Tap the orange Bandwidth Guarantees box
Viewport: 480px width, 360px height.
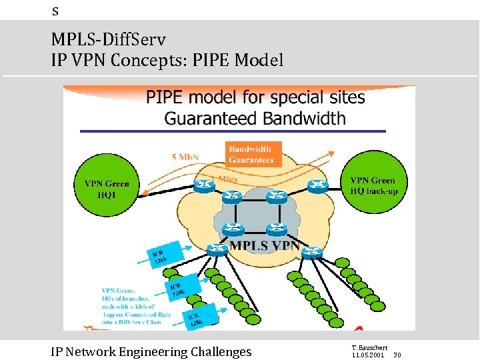[x=251, y=155]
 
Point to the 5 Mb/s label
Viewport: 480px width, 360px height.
[x=185, y=157]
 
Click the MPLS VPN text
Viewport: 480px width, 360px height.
[x=265, y=245]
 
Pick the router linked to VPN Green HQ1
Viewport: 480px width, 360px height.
[x=203, y=185]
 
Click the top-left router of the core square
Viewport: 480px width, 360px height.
[x=232, y=197]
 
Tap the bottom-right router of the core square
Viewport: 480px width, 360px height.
[x=276, y=229]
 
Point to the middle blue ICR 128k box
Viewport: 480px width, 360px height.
[x=176, y=288]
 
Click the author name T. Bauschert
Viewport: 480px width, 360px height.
[x=367, y=348]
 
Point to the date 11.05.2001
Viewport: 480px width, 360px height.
[x=367, y=355]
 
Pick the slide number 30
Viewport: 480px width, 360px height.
[x=397, y=355]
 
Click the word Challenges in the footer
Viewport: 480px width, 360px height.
[x=221, y=352]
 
